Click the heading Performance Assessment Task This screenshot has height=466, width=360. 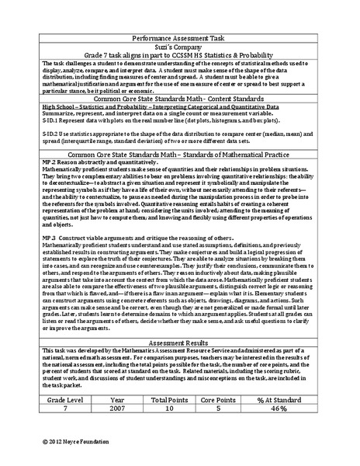pyautogui.click(x=180, y=36)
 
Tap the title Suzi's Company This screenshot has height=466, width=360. pyautogui.click(x=180, y=46)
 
